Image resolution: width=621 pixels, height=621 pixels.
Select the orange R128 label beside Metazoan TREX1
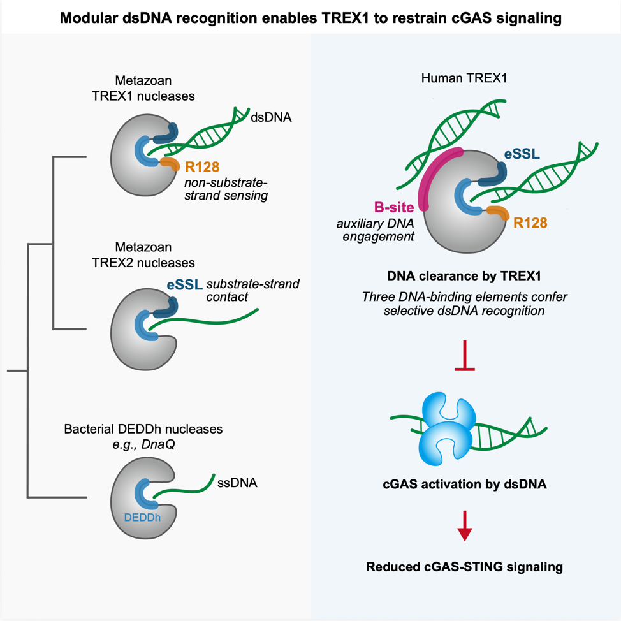coord(202,168)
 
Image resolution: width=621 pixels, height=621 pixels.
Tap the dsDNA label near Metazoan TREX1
coord(270,117)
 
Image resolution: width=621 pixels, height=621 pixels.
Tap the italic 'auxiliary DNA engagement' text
coord(379,230)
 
